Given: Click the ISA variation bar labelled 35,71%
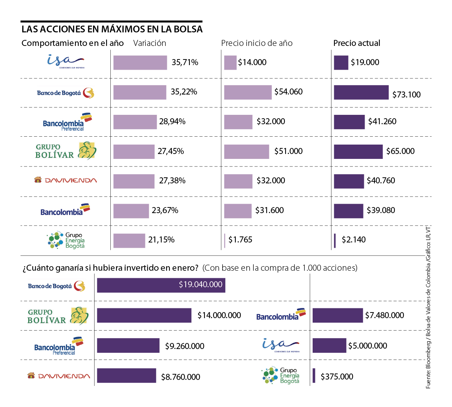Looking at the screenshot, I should (x=140, y=62).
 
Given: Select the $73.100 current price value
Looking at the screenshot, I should (x=406, y=95).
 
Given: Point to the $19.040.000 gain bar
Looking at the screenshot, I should (x=161, y=285).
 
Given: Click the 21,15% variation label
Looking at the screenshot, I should (x=161, y=240).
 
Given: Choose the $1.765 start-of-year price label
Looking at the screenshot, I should (x=240, y=240).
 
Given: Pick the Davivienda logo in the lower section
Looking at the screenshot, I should (x=59, y=376).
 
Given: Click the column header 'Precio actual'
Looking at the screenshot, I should (x=357, y=43).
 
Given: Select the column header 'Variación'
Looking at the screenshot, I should (x=150, y=43).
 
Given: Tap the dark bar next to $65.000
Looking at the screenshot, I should (x=358, y=151).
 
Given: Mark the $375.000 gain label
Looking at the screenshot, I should (x=337, y=377).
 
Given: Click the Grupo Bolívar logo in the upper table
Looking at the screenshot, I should (x=66, y=151).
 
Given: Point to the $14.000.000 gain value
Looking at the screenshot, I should (x=219, y=316).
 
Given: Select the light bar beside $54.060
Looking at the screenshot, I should (x=248, y=92).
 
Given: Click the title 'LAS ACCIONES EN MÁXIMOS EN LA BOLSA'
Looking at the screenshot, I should (x=112, y=29).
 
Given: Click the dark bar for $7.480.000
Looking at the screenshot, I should (x=337, y=316).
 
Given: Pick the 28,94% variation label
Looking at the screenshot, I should (x=172, y=122).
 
